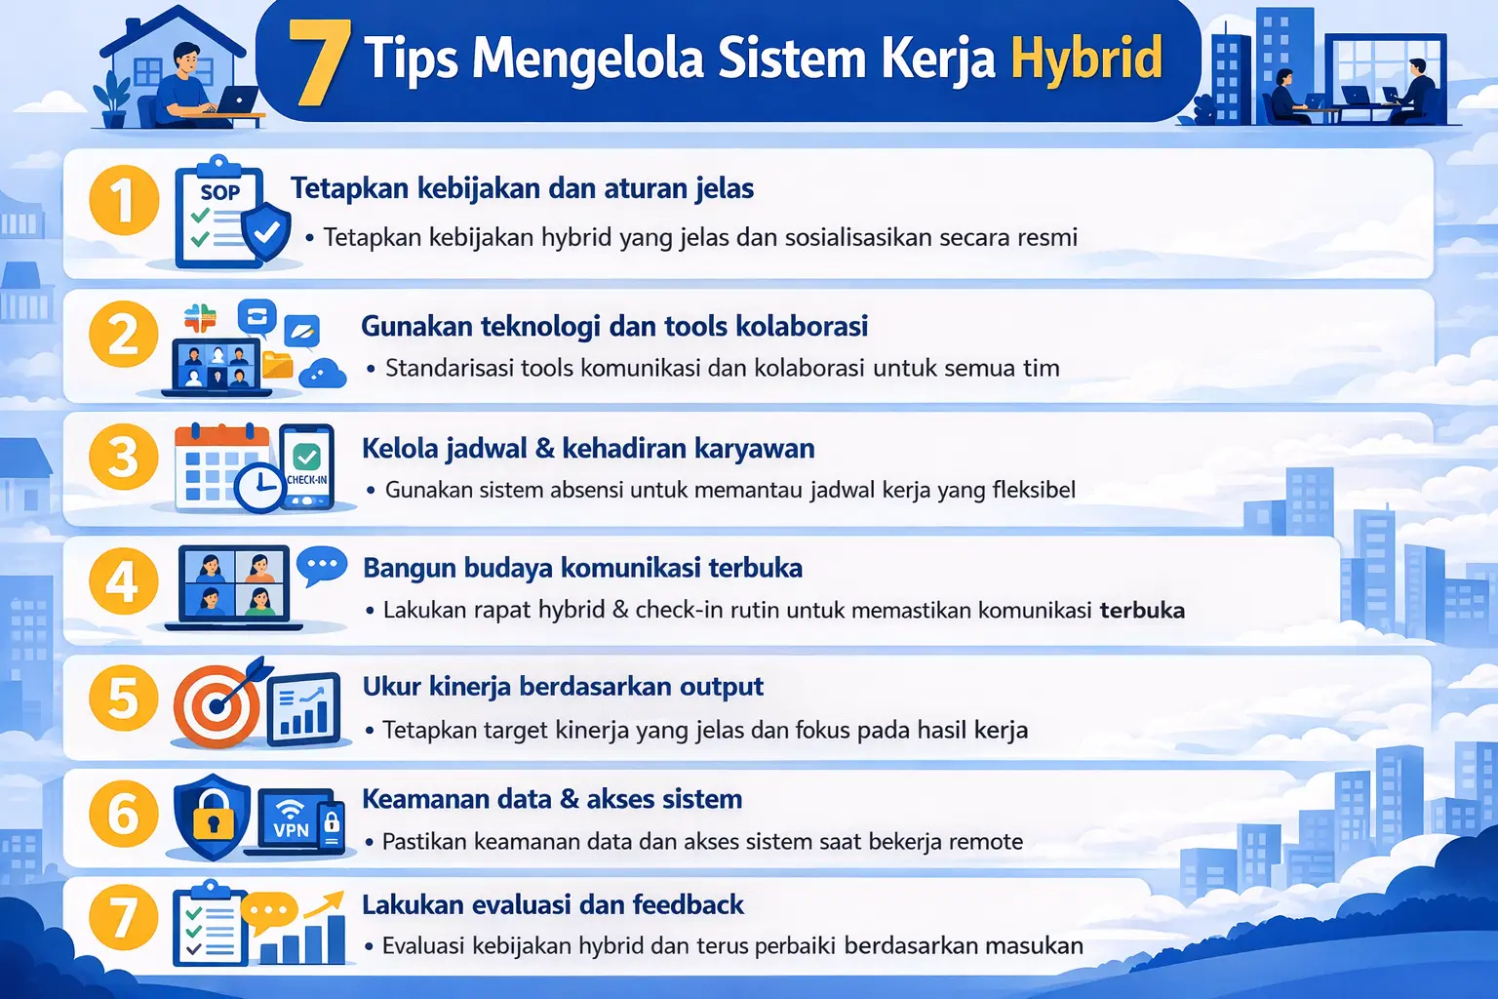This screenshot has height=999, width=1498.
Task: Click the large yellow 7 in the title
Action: point(320,61)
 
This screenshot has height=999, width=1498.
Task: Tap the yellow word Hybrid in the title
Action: point(1086,59)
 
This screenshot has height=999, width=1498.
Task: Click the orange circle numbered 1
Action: point(124,200)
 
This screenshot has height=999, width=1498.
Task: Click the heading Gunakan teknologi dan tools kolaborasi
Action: point(614,326)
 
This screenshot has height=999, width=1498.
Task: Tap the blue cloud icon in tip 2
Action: point(323,373)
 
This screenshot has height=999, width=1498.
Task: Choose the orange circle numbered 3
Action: point(123,457)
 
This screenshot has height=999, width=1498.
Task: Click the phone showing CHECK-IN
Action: point(307,467)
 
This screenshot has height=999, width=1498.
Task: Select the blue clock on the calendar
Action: point(258,485)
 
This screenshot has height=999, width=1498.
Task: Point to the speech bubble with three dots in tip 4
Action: point(321,565)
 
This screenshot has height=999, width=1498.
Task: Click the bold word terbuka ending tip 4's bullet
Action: point(1142,611)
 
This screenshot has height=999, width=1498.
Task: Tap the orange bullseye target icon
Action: point(217,704)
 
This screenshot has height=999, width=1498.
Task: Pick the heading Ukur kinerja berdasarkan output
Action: point(563,687)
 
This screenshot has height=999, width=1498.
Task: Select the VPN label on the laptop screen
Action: point(291,830)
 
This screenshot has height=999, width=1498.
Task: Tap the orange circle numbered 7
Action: point(123,918)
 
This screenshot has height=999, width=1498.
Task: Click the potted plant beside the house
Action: point(113,99)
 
